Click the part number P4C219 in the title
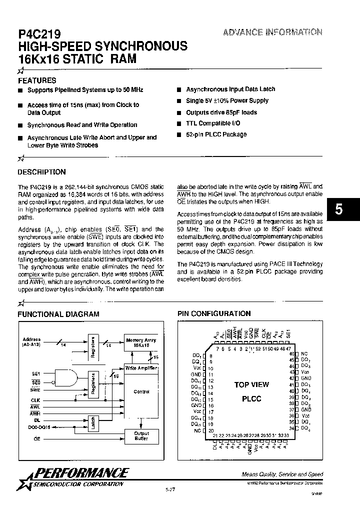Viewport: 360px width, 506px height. (39, 34)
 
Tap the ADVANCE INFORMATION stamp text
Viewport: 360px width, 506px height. (272, 32)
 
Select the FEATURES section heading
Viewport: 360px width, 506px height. (37, 80)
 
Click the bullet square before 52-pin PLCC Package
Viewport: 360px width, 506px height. (178, 134)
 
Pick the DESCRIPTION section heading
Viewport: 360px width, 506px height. (41, 172)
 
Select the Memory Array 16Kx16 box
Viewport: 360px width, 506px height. (141, 342)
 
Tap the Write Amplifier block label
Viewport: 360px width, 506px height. (141, 368)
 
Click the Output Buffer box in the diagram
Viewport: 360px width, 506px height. (141, 436)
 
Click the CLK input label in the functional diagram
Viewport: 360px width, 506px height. (35, 400)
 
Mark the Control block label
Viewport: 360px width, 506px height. (141, 391)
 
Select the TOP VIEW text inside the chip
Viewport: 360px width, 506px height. (251, 384)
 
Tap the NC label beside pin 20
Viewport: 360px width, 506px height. (197, 430)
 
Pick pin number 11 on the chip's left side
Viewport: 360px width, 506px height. (210, 374)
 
